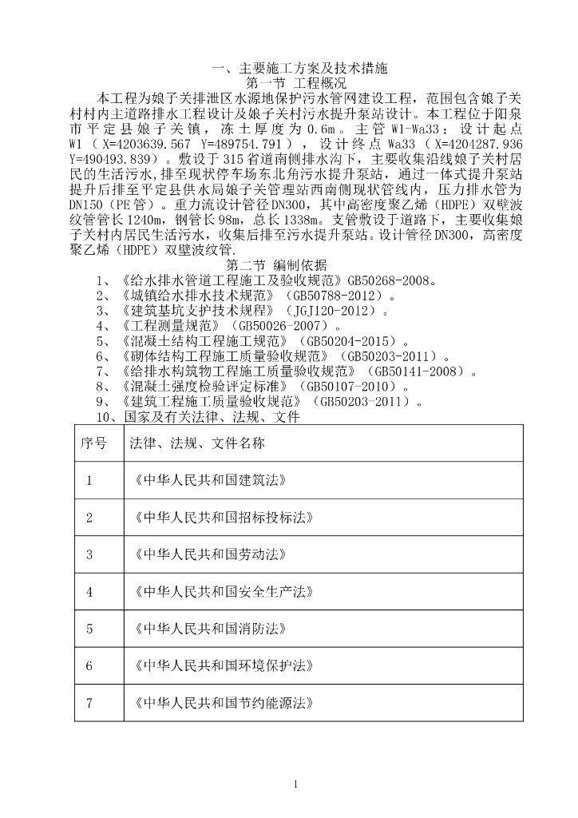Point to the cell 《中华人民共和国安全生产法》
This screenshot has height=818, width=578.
pyautogui.click(x=220, y=592)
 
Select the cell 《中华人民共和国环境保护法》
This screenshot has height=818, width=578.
pyautogui.click(x=220, y=665)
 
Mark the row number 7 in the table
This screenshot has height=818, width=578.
pyautogui.click(x=89, y=703)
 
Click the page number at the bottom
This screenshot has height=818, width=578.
pyautogui.click(x=295, y=784)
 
